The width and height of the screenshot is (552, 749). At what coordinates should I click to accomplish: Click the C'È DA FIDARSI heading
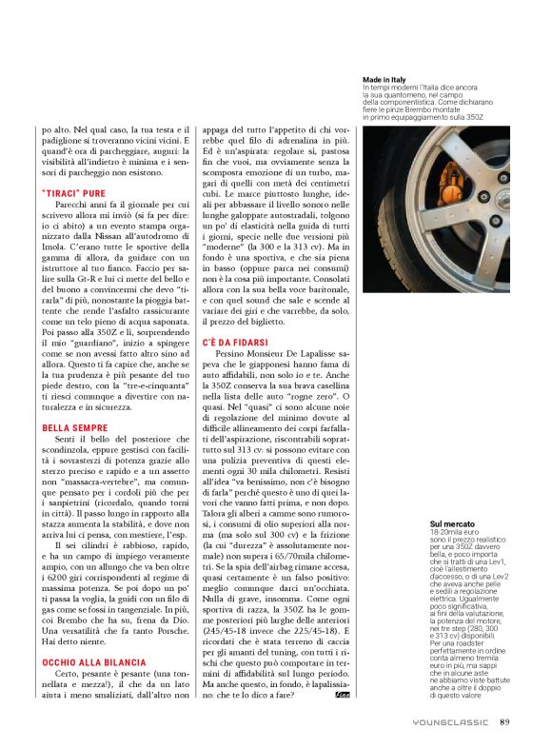point(235,341)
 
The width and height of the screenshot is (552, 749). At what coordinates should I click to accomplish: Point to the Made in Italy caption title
point(384,79)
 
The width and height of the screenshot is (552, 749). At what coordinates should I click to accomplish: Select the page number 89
point(504,721)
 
